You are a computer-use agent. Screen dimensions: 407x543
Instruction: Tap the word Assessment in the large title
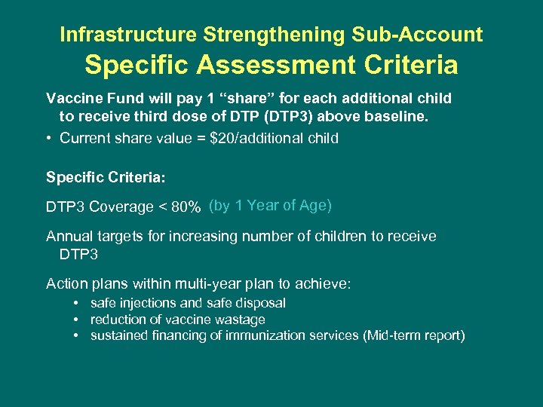271,66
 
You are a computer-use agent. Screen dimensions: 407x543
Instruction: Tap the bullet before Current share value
49,138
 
